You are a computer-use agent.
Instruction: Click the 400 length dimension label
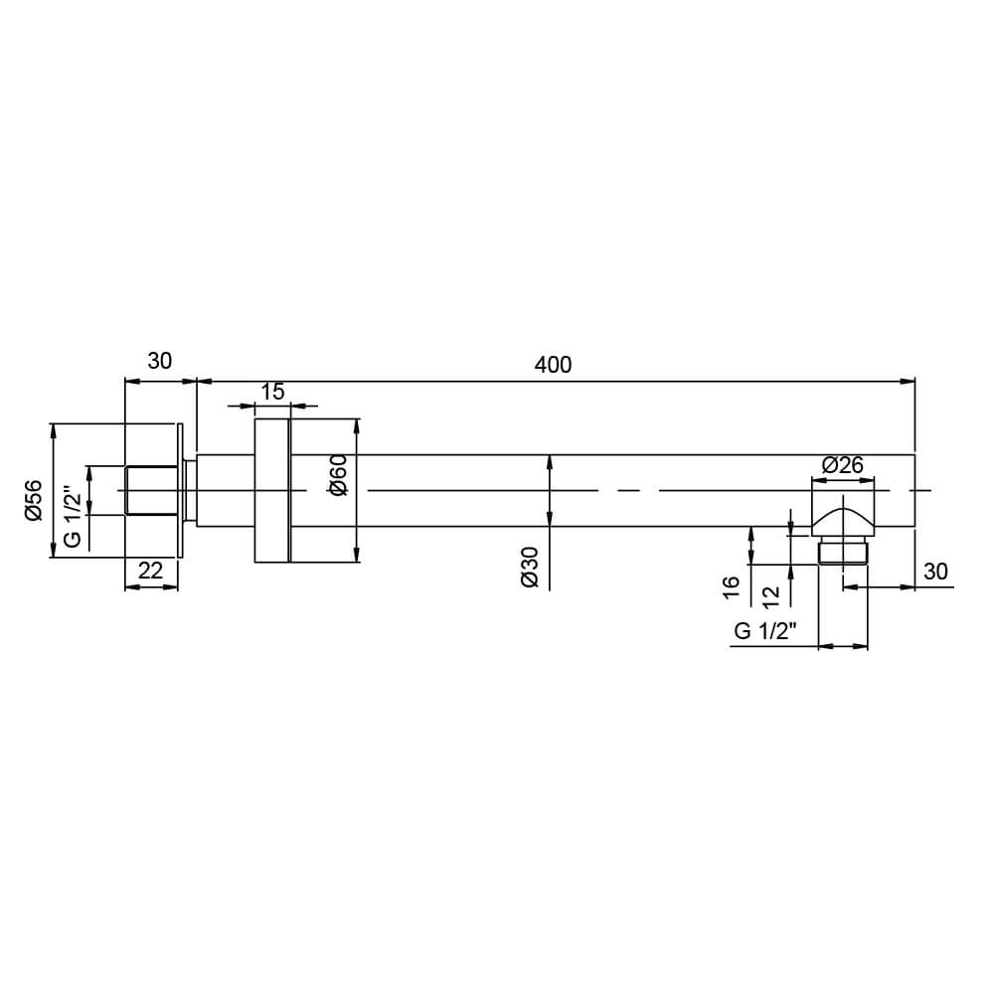(553, 365)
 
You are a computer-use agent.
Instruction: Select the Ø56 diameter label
(33, 500)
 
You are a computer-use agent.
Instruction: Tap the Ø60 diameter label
(338, 475)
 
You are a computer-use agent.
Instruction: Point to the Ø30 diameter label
(530, 567)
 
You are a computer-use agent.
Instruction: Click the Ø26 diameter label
(843, 464)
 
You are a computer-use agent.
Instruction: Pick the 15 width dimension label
(272, 392)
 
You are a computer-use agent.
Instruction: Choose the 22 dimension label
(150, 571)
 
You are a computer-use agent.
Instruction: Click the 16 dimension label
(731, 587)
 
